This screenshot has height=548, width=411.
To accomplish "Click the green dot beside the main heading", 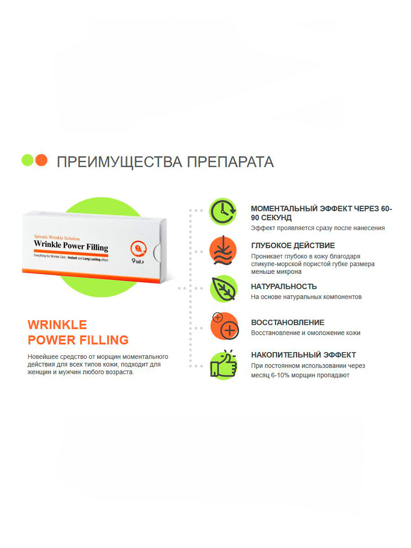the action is (27, 160).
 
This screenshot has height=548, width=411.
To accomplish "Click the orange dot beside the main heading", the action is (41, 160).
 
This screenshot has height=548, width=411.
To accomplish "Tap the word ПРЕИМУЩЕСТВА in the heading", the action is (120, 162).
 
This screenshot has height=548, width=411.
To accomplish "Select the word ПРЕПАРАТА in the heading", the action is (230, 162).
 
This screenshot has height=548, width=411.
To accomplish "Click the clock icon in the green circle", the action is (223, 211).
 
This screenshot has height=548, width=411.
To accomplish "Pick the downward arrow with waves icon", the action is (223, 250).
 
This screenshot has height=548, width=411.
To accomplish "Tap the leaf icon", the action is (223, 289).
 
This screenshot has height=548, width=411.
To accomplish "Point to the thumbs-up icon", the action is (223, 365).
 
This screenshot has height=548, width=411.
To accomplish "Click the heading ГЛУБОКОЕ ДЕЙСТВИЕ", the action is (293, 245).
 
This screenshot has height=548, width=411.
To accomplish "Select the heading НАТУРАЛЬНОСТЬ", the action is (284, 286).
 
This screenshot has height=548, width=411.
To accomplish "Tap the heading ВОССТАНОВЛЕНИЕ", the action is (288, 322).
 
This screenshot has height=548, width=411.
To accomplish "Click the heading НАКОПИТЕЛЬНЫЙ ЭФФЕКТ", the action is (303, 355).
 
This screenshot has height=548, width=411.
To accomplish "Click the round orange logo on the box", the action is (138, 248).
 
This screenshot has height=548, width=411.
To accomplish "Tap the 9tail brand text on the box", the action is (138, 261).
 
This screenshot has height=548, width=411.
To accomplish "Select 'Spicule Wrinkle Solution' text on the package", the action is (57, 237).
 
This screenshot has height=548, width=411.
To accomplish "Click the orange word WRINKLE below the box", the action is (57, 325).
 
